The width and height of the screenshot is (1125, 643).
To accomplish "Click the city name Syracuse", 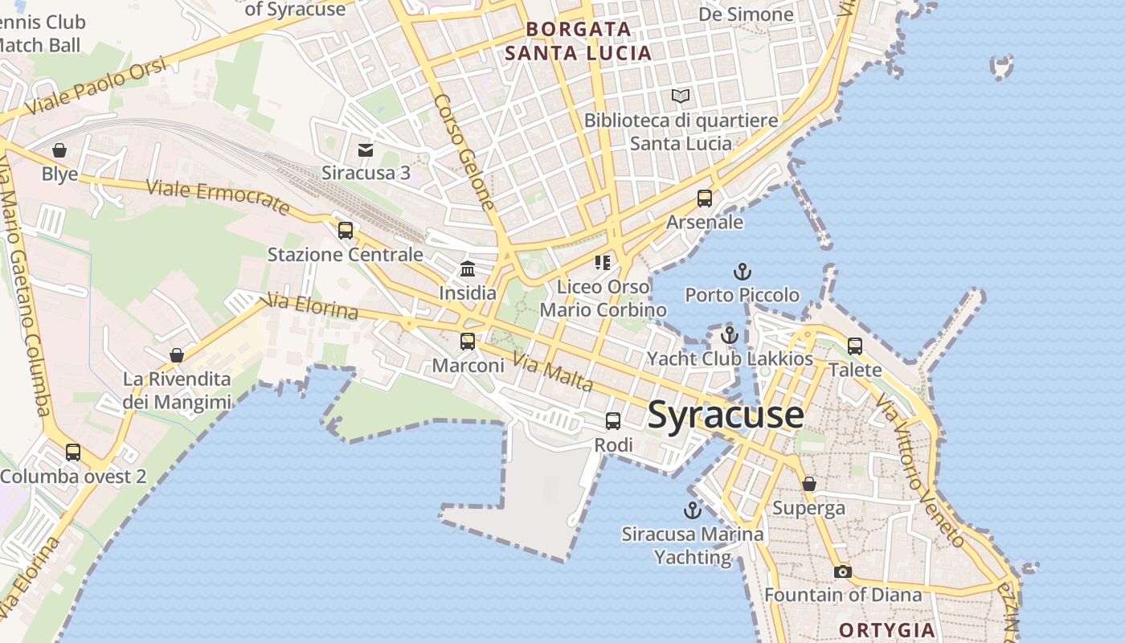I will tap(725, 415).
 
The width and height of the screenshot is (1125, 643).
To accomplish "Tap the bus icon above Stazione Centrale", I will tap(346, 231).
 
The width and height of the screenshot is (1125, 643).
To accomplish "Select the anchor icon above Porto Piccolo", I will tap(742, 272).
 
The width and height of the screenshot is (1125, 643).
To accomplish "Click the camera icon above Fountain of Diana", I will tap(842, 571).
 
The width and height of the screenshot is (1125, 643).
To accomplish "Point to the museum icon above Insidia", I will tap(468, 269).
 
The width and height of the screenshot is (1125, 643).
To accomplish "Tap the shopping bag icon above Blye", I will tap(59, 150).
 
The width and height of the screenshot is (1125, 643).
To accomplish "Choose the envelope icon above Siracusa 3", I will tap(366, 149).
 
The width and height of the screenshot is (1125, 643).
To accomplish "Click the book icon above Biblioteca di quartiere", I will tap(681, 96).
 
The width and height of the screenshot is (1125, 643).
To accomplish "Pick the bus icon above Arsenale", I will tap(705, 199).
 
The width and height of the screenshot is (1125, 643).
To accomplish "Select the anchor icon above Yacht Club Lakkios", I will tap(730, 334).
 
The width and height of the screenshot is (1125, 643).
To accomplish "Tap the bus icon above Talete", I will tap(855, 346).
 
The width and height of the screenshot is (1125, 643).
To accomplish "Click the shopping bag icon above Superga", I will tap(809, 484).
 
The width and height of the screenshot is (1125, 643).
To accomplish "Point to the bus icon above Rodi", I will tap(613, 421).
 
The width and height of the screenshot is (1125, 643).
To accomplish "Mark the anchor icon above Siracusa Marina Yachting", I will tap(692, 510).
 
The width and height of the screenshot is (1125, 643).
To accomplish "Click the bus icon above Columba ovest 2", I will tap(73, 453).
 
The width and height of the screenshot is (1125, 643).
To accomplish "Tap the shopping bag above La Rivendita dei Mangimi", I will tap(177, 355).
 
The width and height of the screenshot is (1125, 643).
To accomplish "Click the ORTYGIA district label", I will tap(887, 629).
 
